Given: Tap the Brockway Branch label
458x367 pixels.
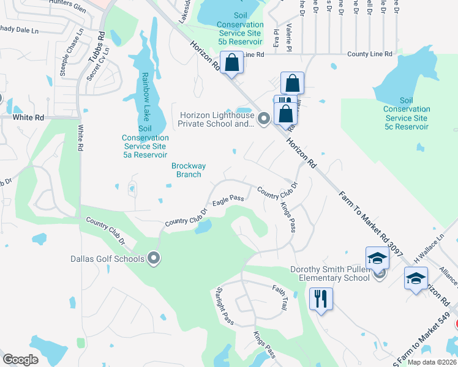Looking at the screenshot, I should (188, 170).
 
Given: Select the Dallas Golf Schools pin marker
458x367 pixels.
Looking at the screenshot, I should (154, 259).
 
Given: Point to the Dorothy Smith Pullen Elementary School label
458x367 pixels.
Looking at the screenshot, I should (331, 273).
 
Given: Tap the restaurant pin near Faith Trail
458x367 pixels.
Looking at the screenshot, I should (321, 299).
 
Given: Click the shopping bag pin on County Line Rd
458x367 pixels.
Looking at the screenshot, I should (232, 62).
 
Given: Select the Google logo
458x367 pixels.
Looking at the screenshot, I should (20, 359).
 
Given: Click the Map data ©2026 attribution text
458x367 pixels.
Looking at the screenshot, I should (432, 362).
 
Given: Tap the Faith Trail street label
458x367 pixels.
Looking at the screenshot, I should (279, 299).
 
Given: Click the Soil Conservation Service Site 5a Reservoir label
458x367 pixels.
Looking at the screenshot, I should (145, 142).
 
